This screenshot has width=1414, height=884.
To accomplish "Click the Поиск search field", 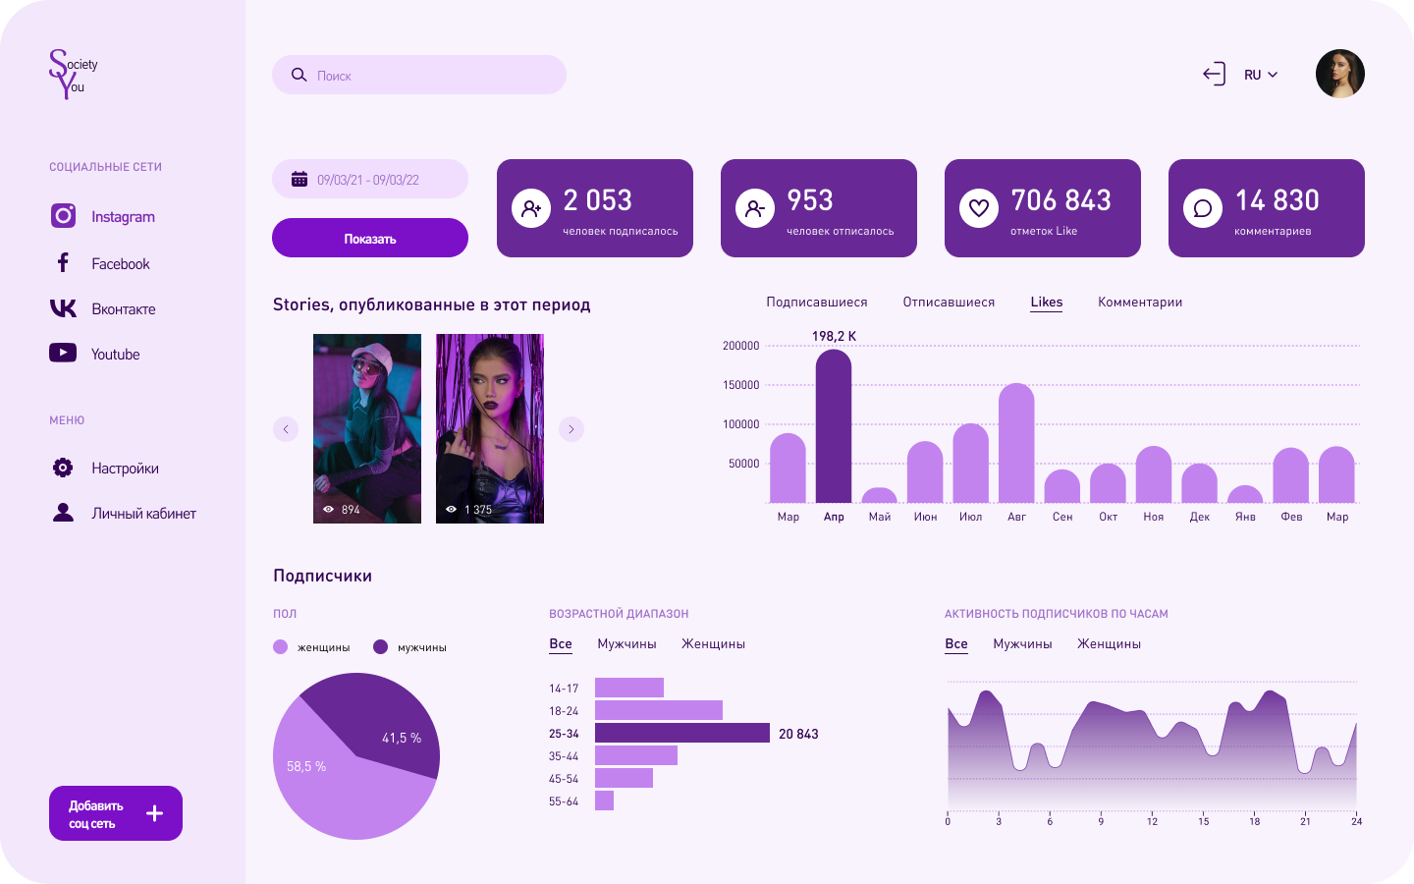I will pos(419,76).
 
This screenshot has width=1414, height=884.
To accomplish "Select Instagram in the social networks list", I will pos(122,217).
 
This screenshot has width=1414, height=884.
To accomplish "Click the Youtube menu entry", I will pos(115,355).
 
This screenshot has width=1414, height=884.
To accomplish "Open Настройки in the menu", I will pos(124,469).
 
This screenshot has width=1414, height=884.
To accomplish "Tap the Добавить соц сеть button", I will pos(116,813).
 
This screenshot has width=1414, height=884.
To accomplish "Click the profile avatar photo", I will pos(1340,75).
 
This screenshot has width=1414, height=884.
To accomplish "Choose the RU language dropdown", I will pos(1261,75).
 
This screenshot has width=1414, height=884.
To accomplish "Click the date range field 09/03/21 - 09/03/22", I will pos(369,180).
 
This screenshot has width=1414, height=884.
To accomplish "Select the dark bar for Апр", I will pos(834,427).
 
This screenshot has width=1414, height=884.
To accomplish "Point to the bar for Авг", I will pos(1016,444).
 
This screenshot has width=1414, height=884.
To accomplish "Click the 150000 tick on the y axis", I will pos(741,385).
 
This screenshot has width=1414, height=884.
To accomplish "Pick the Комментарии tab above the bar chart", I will pos(1140,303).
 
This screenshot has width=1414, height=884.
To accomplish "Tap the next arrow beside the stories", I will pos(571,429).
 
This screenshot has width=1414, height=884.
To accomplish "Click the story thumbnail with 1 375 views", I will pos(490,428).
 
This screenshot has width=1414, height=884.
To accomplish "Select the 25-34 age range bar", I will pos(682,734).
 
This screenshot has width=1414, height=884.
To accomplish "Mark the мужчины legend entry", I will pos(410,647).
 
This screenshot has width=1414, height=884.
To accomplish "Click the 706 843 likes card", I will pos(1043,208).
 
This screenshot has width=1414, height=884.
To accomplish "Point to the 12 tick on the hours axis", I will pos(1152,821).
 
